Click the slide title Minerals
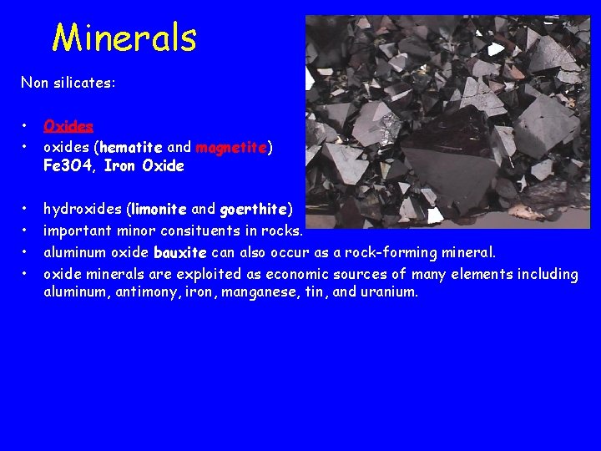(124, 38)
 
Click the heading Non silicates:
(68, 84)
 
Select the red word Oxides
(68, 126)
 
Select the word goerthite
(253, 209)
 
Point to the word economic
(297, 274)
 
